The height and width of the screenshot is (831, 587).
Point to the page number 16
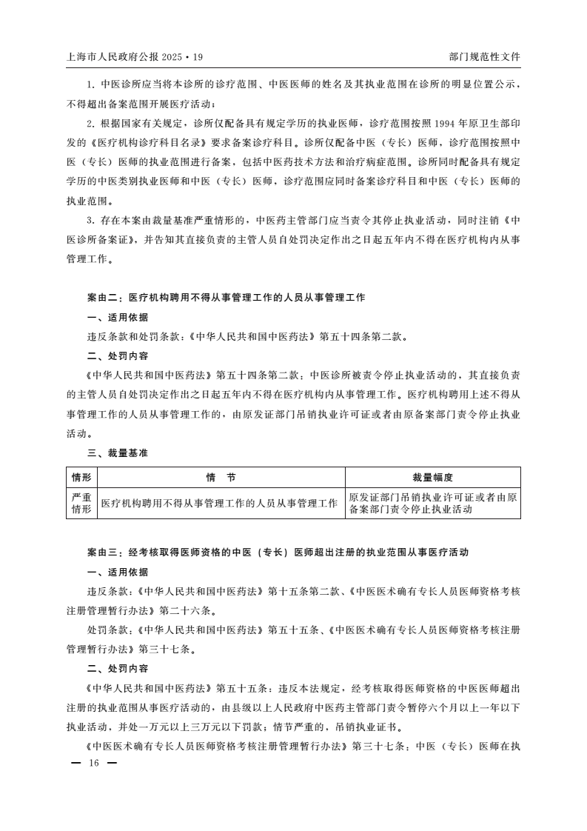click(93, 763)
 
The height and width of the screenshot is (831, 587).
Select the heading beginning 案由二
click(226, 298)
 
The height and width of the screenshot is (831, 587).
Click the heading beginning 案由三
click(278, 553)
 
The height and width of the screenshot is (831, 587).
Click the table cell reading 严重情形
click(81, 504)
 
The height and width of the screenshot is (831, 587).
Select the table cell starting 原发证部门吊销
click(432, 504)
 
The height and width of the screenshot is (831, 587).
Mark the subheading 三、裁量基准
click(117, 453)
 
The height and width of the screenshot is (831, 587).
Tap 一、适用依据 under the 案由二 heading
click(117, 317)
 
